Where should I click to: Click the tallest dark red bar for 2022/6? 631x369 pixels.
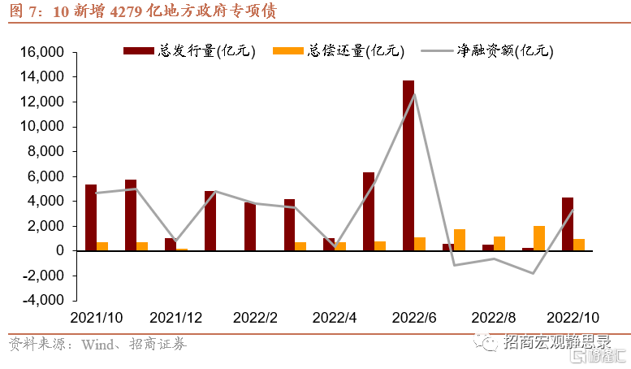click(408, 166)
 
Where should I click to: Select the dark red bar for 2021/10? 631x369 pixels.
click(91, 218)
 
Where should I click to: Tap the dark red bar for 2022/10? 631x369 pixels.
click(568, 224)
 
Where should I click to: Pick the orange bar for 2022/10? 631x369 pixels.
click(579, 245)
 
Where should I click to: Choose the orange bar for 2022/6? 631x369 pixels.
click(420, 244)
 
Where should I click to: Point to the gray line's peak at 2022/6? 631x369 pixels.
click(414, 94)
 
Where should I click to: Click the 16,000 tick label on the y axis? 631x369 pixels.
click(42, 52)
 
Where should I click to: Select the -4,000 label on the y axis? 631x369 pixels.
click(43, 300)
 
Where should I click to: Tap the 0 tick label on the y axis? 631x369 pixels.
click(60, 250)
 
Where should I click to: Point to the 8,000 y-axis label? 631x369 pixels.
click(45, 151)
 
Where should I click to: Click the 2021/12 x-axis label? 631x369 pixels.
click(176, 318)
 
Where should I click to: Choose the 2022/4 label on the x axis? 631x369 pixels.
click(335, 318)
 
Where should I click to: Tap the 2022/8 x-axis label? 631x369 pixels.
click(494, 318)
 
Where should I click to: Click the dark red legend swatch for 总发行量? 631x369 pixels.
click(139, 50)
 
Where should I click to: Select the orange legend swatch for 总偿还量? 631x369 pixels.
click(288, 50)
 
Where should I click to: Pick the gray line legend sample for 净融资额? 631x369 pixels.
click(437, 50)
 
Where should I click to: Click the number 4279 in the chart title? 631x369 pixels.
click(125, 11)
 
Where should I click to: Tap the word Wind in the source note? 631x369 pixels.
click(97, 345)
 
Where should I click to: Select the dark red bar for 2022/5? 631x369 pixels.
click(369, 211)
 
